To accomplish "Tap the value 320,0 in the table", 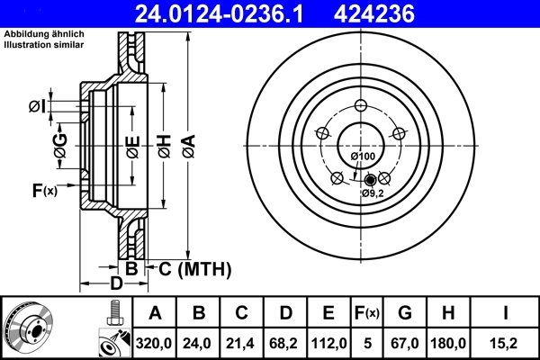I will click(x=155, y=343).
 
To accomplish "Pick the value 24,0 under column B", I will click(x=198, y=343).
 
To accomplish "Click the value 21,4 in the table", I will click(x=241, y=343).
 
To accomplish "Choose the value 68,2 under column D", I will click(x=284, y=343).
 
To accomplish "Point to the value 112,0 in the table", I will click(x=328, y=343).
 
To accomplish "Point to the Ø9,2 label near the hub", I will click(x=373, y=193).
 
